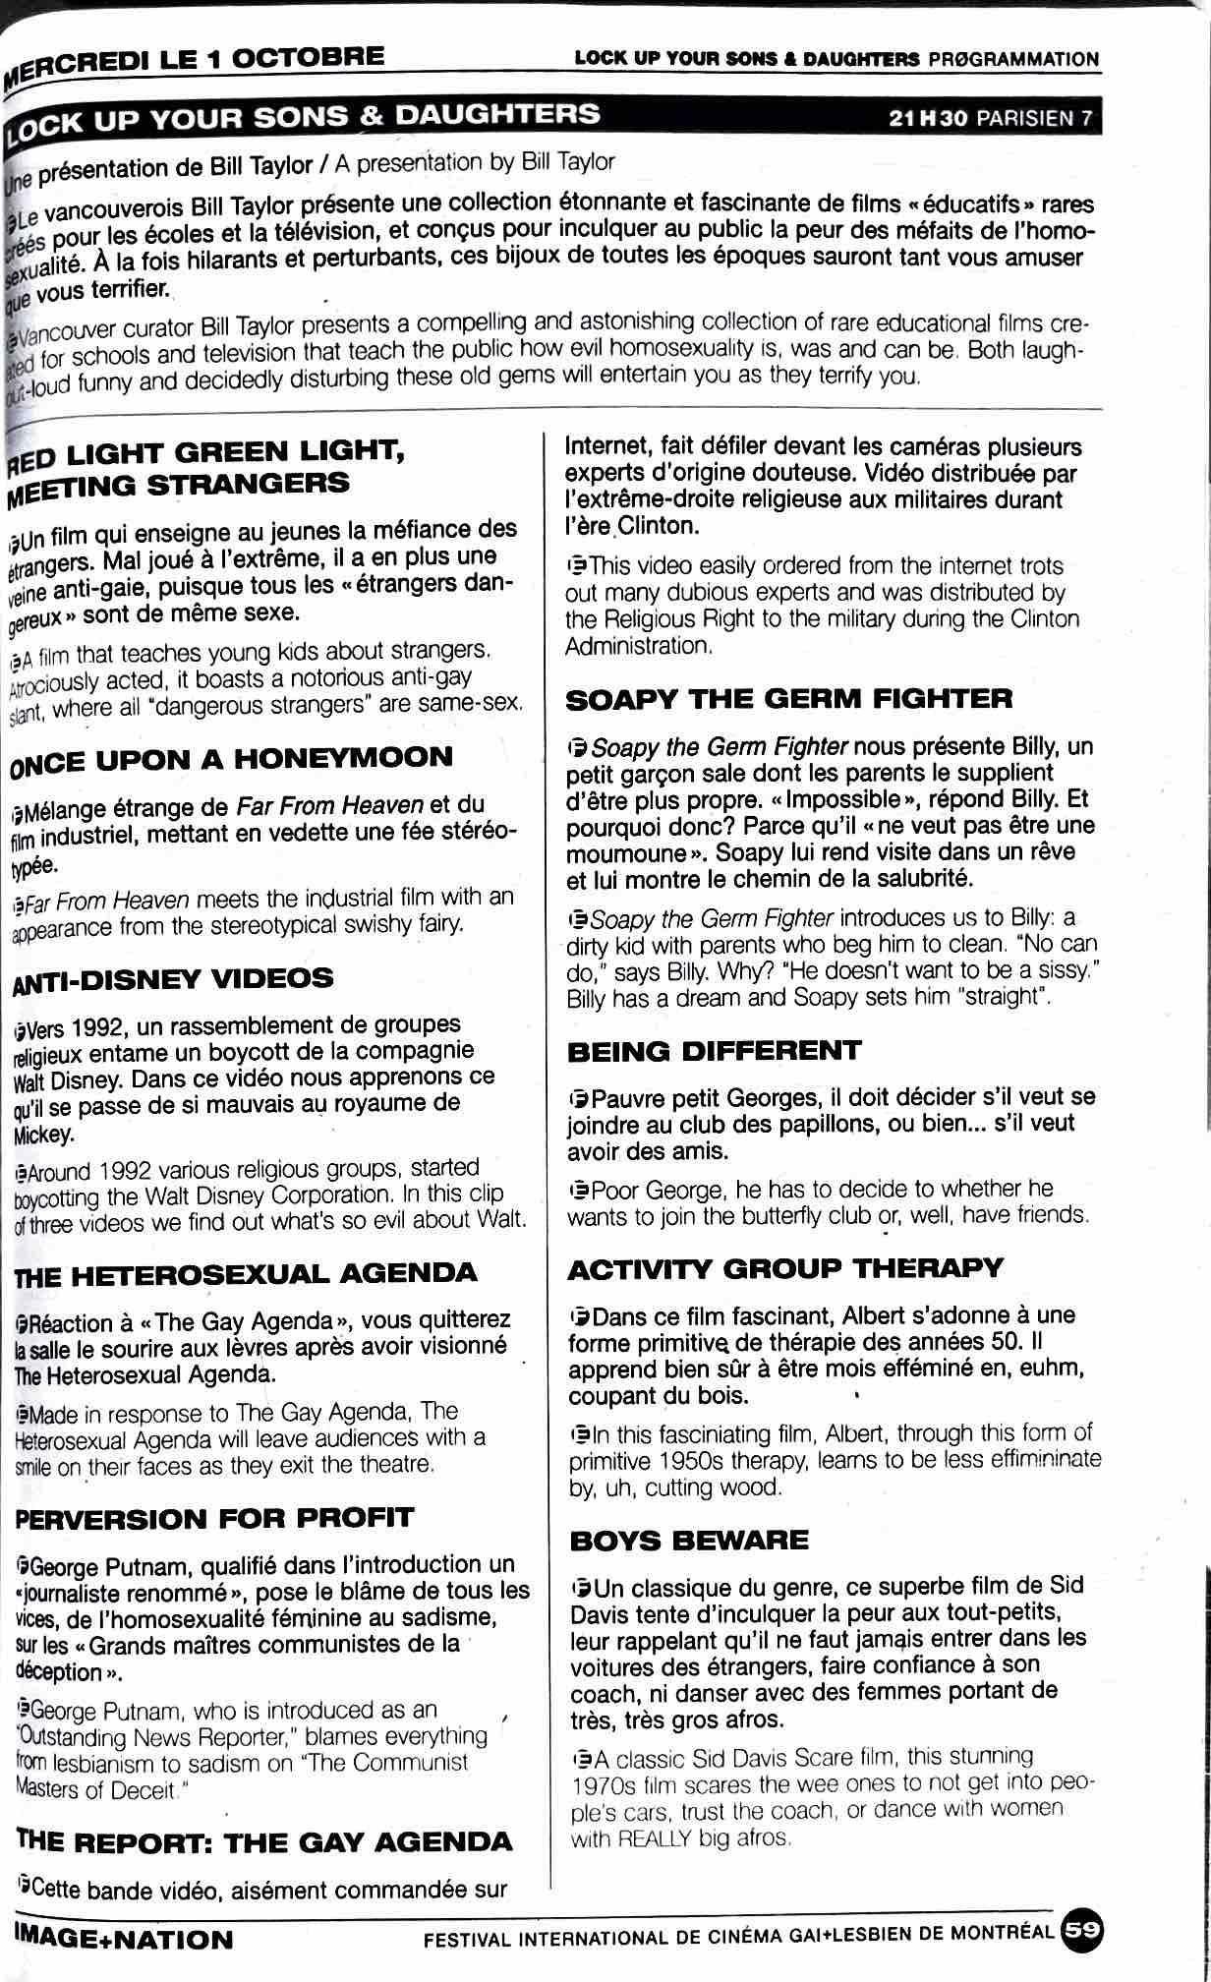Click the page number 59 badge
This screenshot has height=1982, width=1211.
tap(1082, 1930)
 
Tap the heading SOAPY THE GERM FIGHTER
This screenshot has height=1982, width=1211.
tap(789, 699)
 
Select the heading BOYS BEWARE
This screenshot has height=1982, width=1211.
tap(688, 1540)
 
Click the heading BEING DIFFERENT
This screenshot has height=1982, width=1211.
tap(715, 1051)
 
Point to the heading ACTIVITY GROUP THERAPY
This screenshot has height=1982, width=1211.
tap(785, 1268)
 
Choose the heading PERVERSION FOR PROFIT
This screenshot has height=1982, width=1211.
tap(214, 1518)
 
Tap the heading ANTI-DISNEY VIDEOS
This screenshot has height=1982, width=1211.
tap(173, 979)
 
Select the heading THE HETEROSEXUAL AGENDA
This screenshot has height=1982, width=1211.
tap(246, 1274)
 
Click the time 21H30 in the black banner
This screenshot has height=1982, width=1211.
tap(928, 119)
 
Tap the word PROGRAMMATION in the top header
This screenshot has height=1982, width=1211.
tap(1012, 60)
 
